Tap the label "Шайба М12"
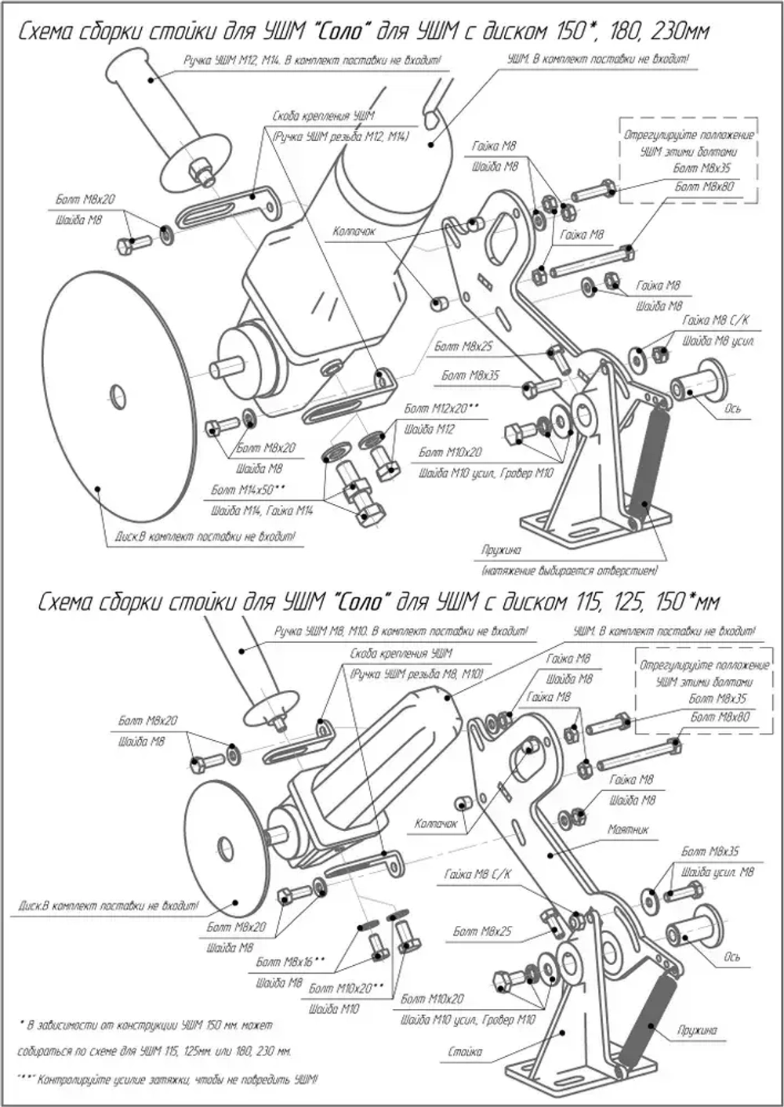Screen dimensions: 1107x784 click(429, 430)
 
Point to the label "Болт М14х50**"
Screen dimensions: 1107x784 click(249, 490)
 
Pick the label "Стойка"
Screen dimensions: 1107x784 click(466, 1051)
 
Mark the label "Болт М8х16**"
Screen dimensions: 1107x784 click(291, 961)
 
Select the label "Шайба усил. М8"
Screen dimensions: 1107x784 click(718, 872)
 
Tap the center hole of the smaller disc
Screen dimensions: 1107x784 click(225, 847)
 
